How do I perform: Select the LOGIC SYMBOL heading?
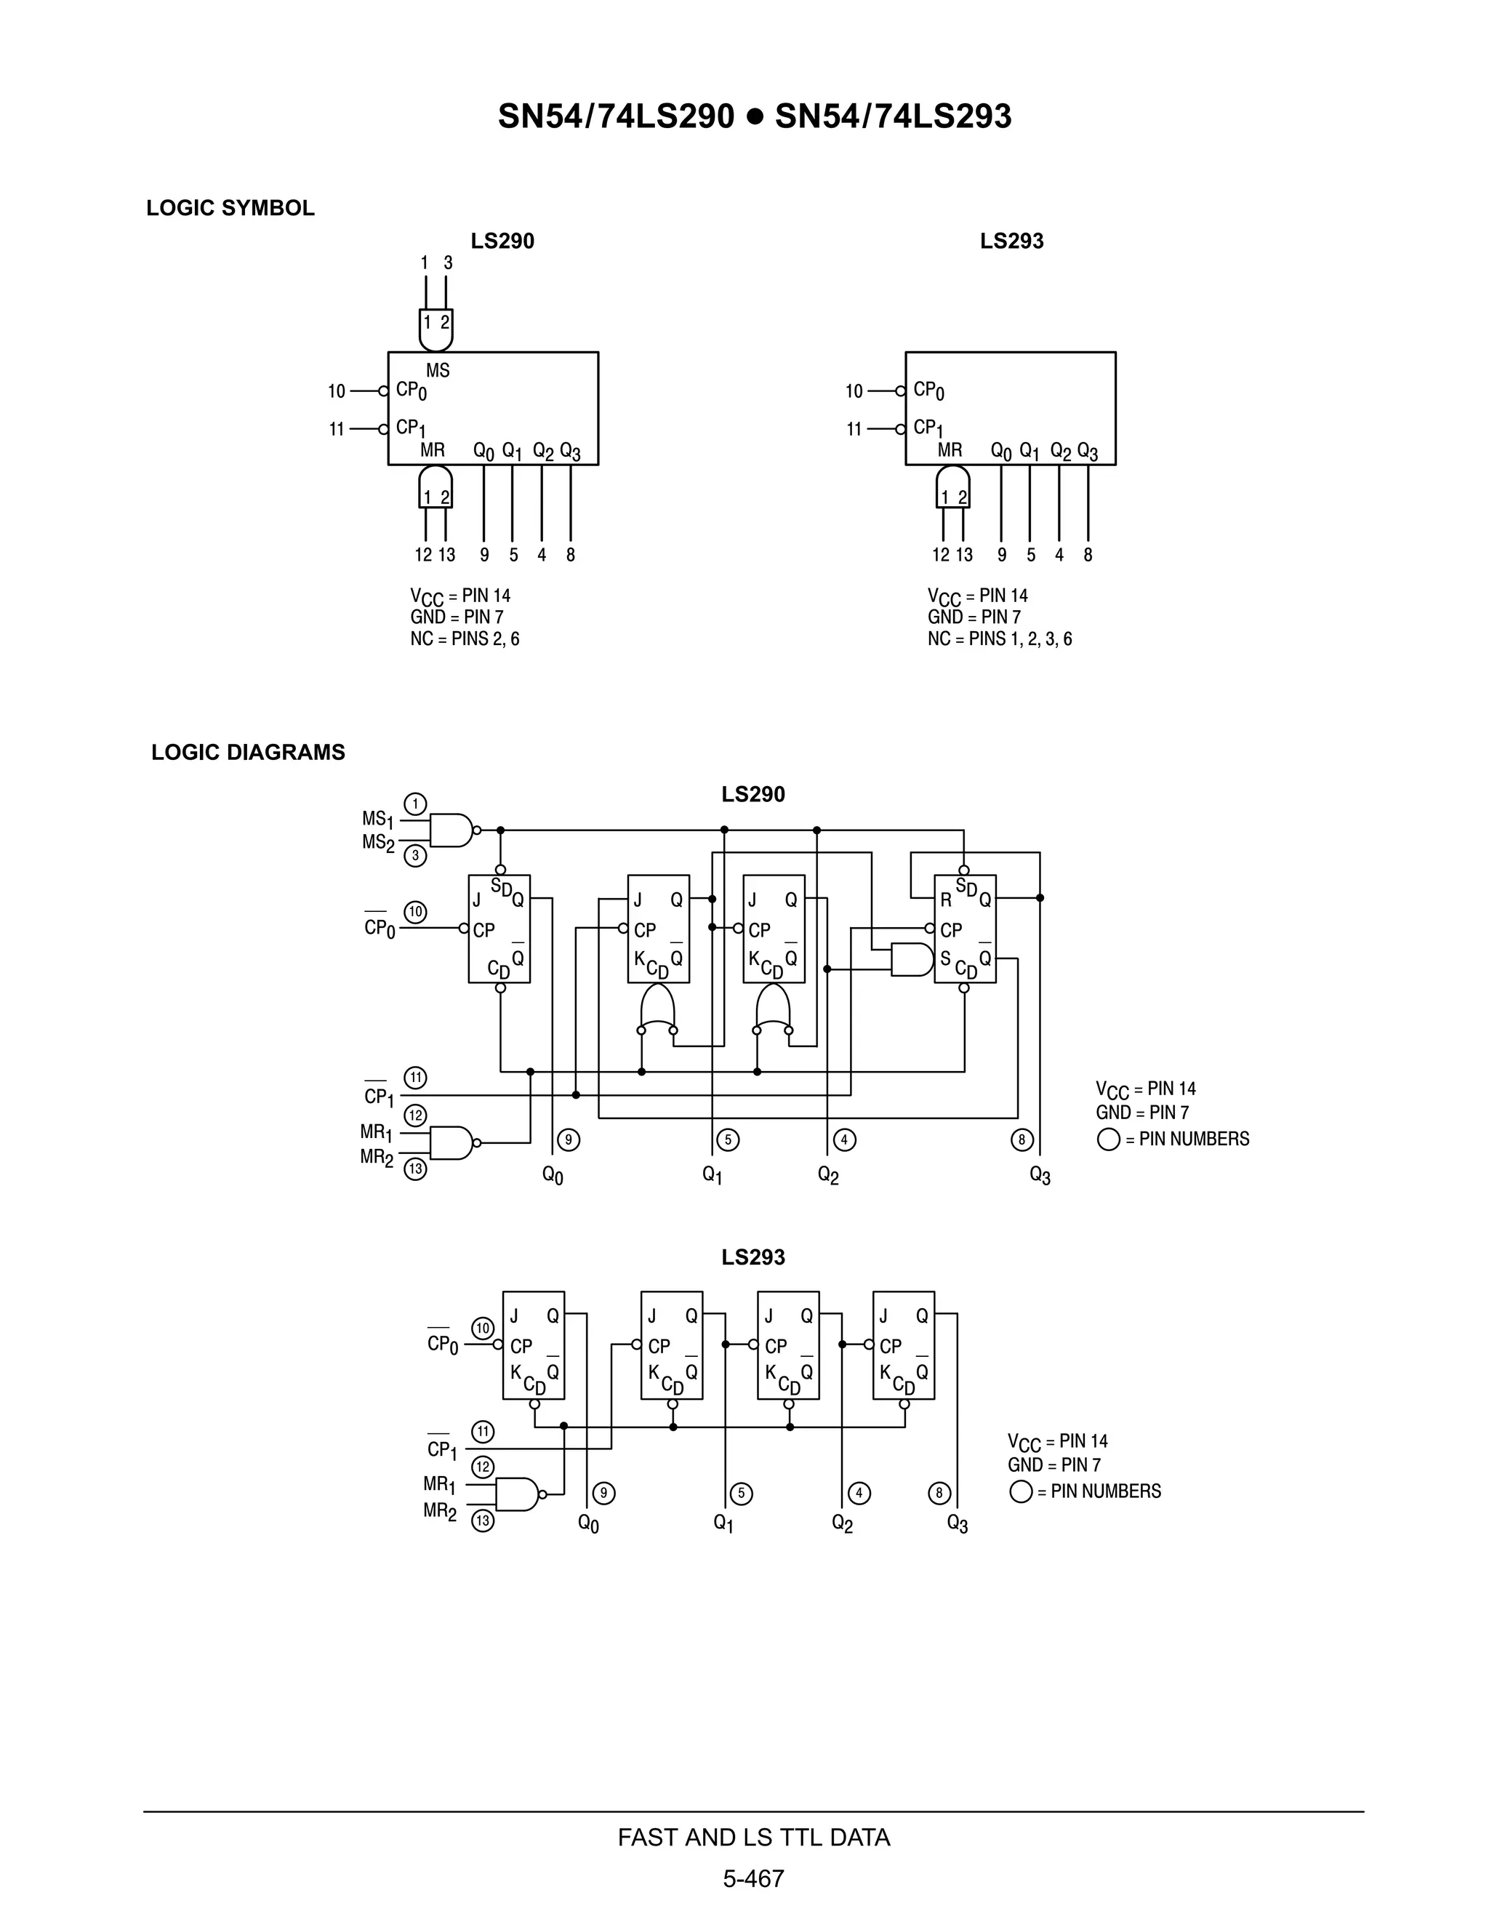(230, 208)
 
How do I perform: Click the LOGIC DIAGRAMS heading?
(248, 753)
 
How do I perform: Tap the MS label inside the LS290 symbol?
(438, 371)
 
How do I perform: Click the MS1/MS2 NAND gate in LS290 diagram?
(451, 830)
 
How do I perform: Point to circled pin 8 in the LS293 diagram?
(939, 1493)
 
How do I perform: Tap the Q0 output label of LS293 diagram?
(588, 1523)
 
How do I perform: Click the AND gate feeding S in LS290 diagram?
(910, 960)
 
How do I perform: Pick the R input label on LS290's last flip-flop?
(946, 901)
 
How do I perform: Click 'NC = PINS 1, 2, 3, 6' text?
(1000, 638)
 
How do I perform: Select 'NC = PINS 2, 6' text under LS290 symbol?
(465, 638)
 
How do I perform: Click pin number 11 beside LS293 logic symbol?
(854, 430)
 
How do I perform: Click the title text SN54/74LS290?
(616, 116)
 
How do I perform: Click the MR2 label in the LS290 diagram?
(377, 1157)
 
